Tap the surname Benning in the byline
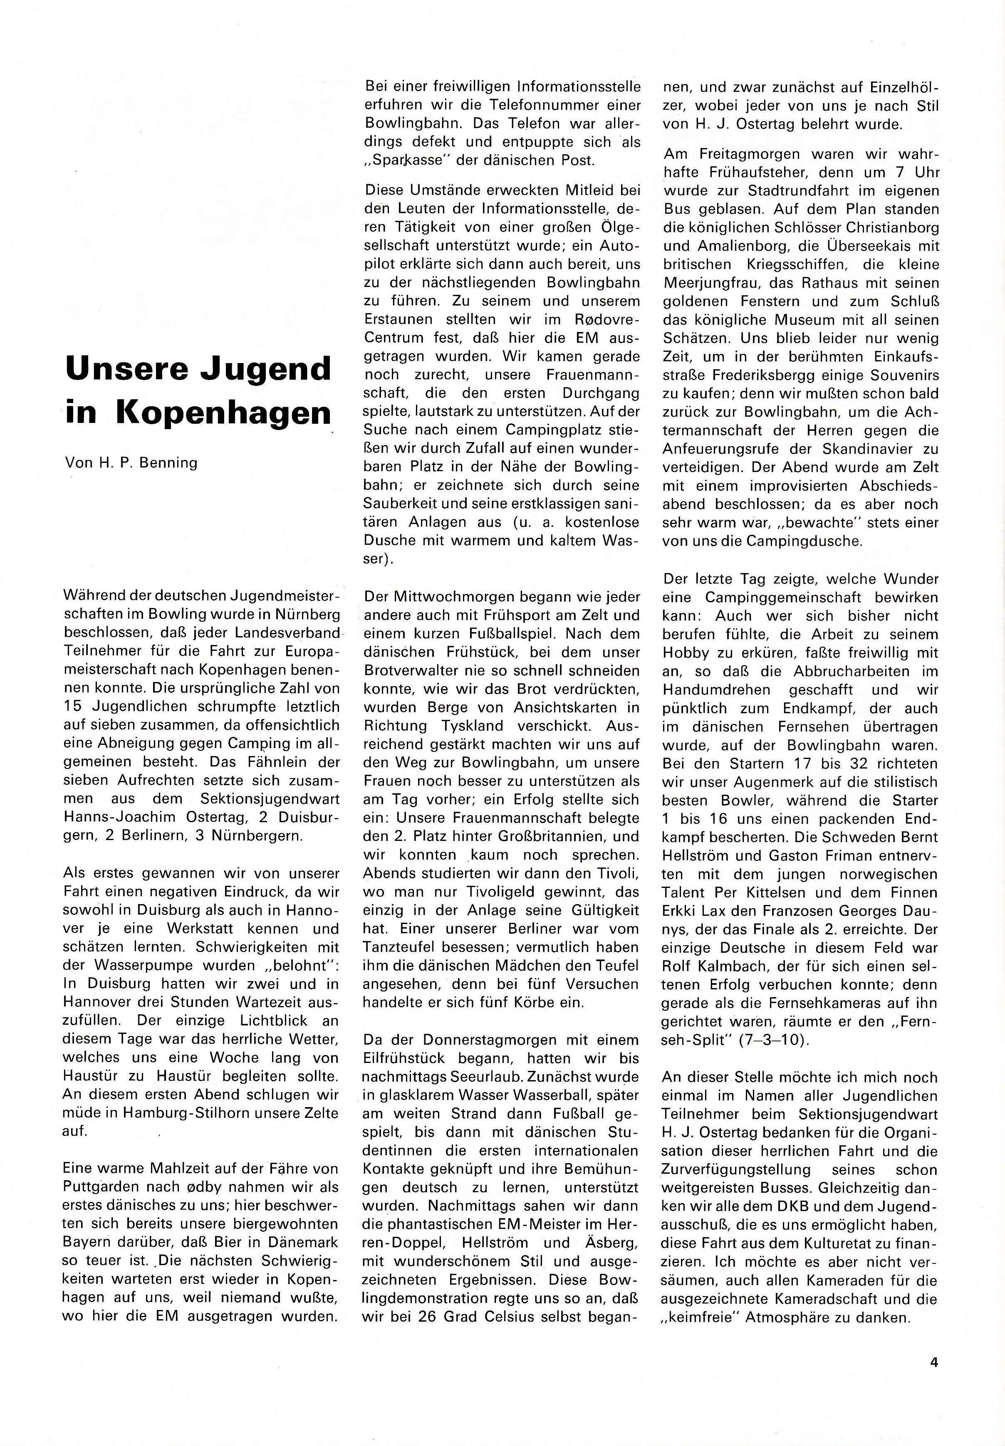(x=168, y=463)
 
